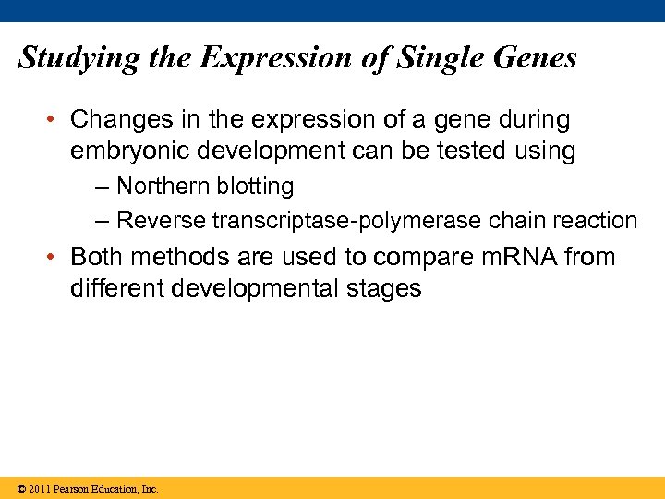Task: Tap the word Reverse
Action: tap(161, 222)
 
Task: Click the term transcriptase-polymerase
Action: tap(348, 222)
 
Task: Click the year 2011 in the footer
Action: tap(38, 489)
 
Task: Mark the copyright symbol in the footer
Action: tap(19, 489)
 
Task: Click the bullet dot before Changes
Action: tap(54, 121)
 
